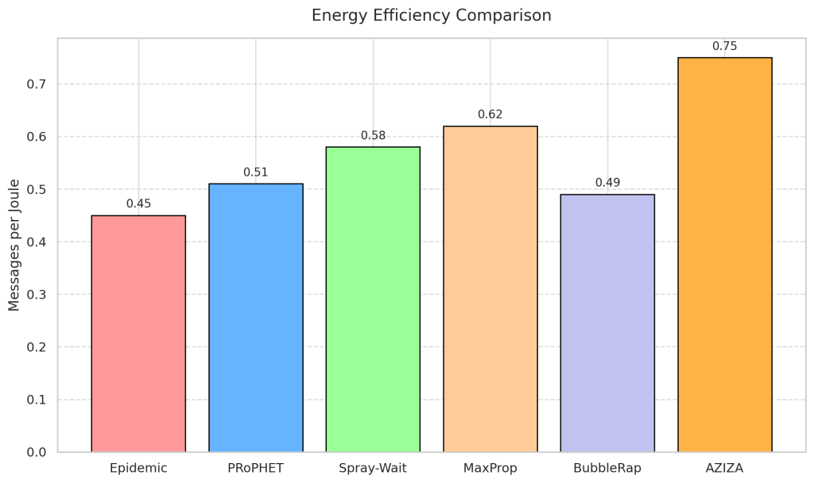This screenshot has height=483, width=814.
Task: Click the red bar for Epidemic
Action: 138,334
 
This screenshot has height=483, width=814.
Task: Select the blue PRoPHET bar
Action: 256,318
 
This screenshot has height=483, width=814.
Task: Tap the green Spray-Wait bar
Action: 373,299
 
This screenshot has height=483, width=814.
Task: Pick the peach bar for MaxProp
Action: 490,289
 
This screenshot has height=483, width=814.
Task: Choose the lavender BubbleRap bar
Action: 607,323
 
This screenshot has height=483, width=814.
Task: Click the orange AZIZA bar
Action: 725,255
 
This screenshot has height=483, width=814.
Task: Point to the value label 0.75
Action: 725,46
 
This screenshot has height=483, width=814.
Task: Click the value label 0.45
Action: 138,204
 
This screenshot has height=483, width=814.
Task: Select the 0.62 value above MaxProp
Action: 490,114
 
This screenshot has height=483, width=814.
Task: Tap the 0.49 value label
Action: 607,183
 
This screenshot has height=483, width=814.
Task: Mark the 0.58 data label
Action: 373,136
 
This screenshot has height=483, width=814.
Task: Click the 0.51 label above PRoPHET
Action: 256,172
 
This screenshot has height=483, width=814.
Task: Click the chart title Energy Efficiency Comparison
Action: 431,16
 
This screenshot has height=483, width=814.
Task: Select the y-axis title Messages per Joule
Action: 14,245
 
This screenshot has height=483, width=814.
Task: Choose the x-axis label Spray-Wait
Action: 373,468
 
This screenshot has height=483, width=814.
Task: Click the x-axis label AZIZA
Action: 725,468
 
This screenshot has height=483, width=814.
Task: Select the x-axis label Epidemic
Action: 138,468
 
